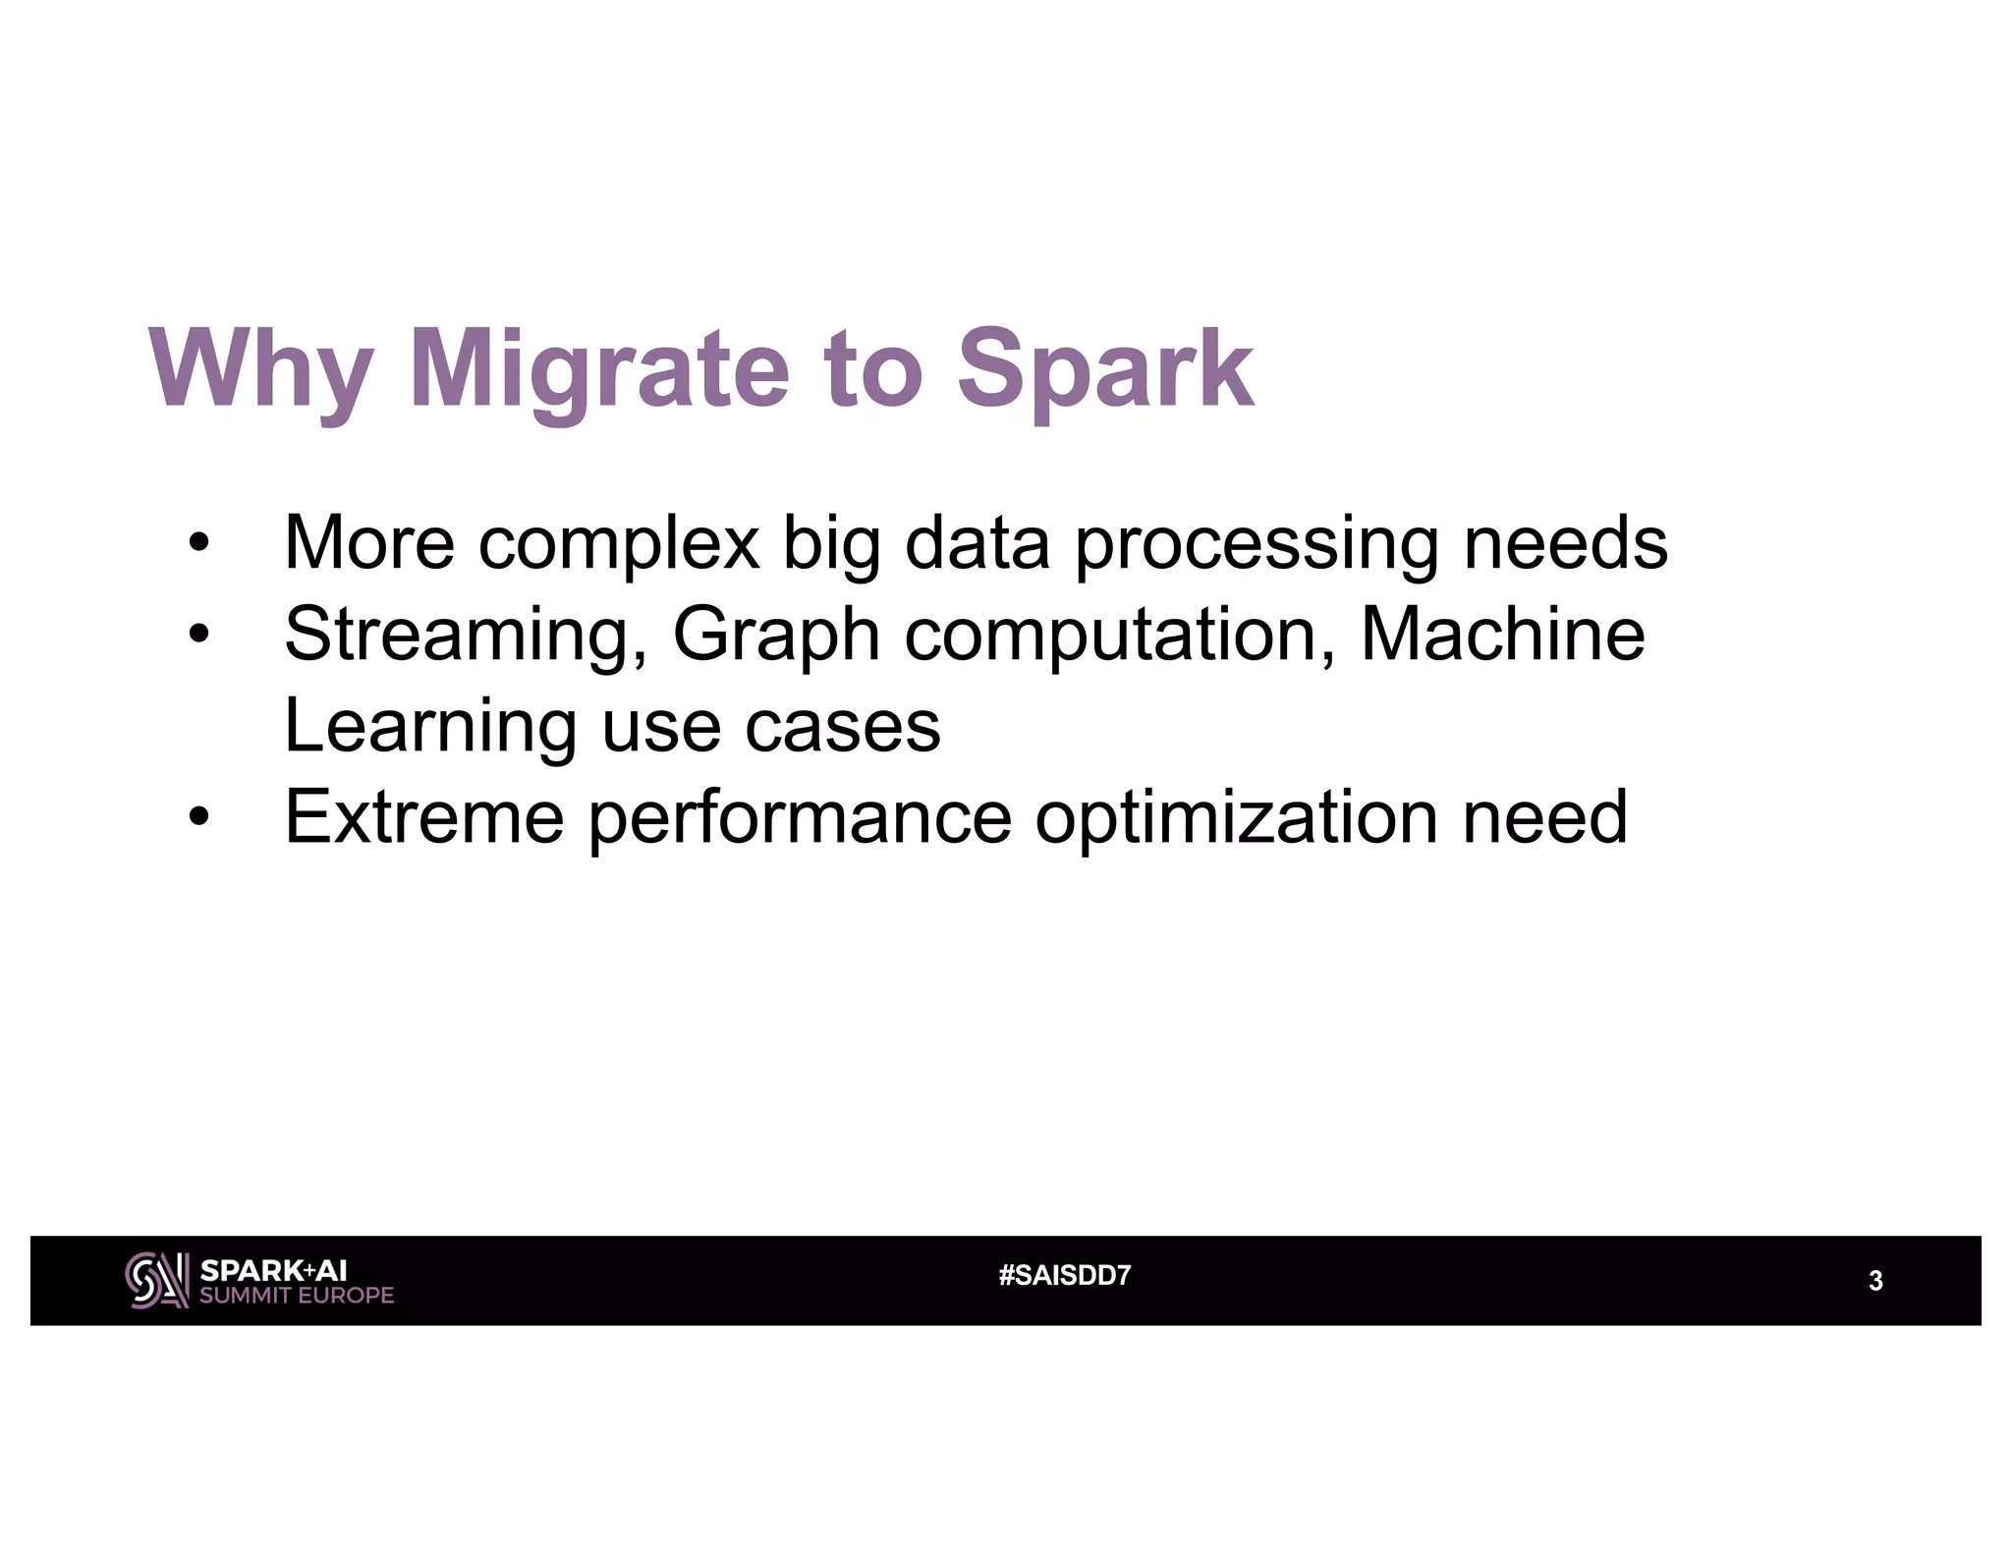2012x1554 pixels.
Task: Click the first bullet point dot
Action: click(x=199, y=543)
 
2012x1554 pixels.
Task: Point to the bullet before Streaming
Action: click(x=199, y=635)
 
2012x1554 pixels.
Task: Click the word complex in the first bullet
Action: click(x=619, y=543)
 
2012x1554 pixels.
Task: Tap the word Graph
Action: click(x=776, y=635)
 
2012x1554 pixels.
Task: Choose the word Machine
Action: click(x=1502, y=635)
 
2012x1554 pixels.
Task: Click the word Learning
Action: click(x=429, y=726)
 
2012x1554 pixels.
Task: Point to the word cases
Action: click(x=842, y=726)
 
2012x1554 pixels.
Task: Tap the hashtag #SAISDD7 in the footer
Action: click(x=1064, y=1276)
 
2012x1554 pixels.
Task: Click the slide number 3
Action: click(x=1874, y=1281)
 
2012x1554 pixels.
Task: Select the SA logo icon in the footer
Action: click(x=156, y=1280)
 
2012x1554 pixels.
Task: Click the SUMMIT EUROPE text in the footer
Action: click(x=297, y=1296)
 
